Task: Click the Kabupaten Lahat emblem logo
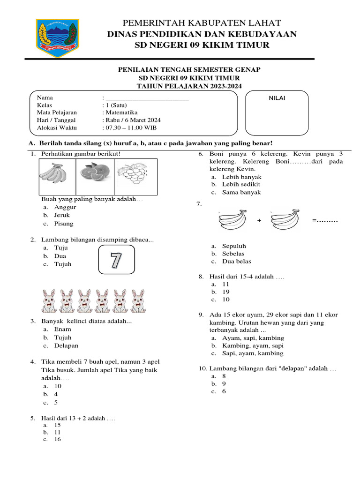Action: pos(58,35)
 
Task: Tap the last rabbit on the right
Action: pos(137,301)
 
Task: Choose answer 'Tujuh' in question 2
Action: pos(63,264)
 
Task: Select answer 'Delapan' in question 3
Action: pos(66,345)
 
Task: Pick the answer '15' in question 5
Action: pos(58,425)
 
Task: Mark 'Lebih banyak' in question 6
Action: pos(241,177)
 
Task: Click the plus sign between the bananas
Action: pos(259,220)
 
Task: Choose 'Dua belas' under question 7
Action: pos(236,262)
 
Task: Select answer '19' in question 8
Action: pos(225,292)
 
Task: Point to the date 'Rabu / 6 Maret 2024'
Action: pos(132,120)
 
